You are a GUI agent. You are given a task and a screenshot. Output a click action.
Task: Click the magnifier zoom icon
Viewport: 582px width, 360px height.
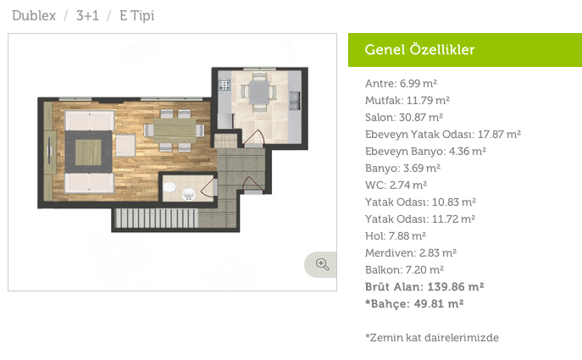322,264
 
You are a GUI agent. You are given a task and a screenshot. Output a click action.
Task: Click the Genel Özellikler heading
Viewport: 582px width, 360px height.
419,50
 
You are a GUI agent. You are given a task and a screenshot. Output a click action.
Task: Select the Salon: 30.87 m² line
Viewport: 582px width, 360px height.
404,117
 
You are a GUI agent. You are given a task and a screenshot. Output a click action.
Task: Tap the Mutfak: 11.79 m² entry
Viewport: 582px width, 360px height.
407,100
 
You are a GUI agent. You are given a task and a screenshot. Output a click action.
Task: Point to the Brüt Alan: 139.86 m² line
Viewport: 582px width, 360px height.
424,287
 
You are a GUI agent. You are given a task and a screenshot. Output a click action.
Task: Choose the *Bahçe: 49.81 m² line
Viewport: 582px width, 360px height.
414,304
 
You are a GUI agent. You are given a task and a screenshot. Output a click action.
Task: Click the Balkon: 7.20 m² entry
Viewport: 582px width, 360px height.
404,270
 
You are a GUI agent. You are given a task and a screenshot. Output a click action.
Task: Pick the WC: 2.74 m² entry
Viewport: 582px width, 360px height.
396,185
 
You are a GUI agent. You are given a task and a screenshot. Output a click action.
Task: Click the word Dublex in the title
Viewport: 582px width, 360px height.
34,15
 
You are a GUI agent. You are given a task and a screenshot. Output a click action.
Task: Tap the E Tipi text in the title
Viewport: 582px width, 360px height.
136,16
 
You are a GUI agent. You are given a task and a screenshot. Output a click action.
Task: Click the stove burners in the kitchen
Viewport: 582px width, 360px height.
224,86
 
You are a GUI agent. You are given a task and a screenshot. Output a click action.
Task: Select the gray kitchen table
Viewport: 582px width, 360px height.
259,93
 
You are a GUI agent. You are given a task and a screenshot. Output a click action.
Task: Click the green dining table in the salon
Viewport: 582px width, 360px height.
175,130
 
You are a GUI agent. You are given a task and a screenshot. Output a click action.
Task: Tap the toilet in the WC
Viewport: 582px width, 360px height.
169,186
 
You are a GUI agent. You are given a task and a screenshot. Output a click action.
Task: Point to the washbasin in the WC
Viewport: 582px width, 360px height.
189,194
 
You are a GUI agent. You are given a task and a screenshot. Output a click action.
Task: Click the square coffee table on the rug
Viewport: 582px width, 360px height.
88,152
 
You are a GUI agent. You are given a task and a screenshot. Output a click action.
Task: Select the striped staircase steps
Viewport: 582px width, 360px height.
156,218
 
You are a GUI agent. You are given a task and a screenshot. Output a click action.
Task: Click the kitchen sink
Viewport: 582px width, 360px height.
295,101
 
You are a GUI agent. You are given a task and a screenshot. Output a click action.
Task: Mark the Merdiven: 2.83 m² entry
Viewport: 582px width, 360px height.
411,252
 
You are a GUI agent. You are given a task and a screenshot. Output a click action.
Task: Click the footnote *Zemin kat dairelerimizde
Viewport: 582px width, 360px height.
432,338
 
